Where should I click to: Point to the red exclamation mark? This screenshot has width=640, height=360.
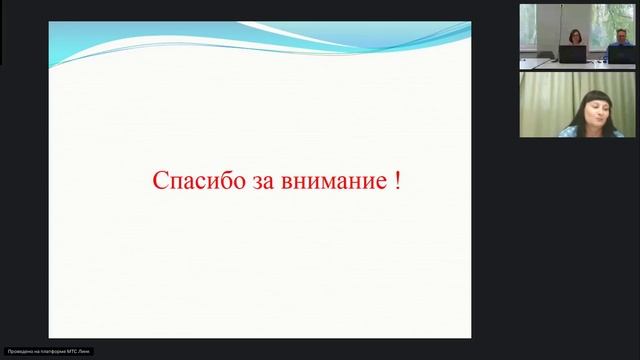(x=398, y=182)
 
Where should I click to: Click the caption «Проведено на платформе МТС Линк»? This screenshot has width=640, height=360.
(x=48, y=352)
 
